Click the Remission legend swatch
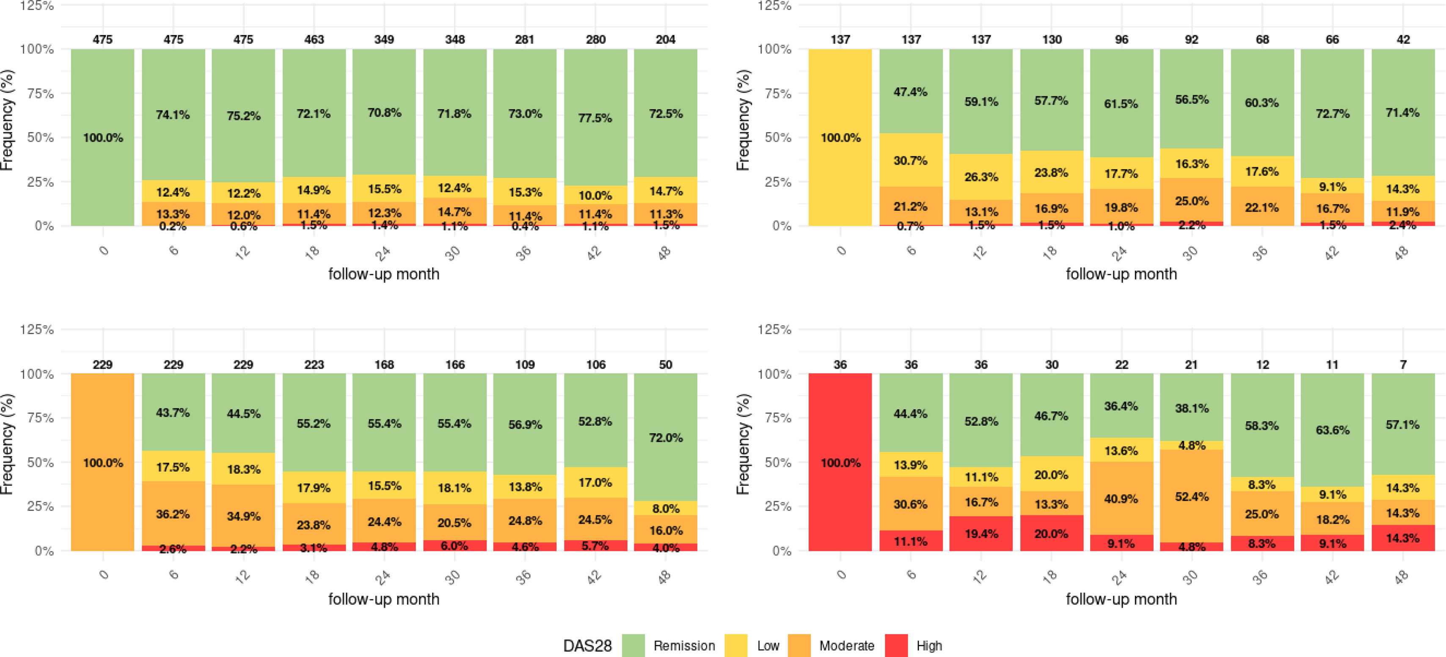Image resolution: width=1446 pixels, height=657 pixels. tap(633, 646)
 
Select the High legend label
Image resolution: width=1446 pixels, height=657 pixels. tap(929, 646)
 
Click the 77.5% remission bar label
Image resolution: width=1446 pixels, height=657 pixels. tap(595, 118)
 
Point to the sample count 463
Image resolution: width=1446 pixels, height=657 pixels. tap(314, 39)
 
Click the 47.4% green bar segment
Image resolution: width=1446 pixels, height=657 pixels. tap(911, 91)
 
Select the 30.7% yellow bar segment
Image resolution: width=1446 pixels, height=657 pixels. tap(911, 160)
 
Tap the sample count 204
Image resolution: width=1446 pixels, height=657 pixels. tap(665, 39)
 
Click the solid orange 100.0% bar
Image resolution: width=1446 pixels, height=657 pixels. tap(103, 462)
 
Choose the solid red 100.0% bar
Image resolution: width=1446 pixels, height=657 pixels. tap(840, 462)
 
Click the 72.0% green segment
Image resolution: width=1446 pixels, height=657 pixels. tap(666, 437)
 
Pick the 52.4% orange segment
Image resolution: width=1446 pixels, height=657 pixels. tap(1192, 497)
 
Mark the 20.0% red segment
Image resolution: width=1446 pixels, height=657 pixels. tap(1051, 533)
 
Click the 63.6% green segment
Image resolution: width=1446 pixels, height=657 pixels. tap(1333, 430)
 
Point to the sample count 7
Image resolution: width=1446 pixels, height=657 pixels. tap(1403, 364)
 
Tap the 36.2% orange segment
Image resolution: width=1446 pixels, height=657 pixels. tap(173, 514)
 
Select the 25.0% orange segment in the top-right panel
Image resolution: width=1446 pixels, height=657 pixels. tap(1192, 201)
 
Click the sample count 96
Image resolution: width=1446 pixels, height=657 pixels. tap(1121, 39)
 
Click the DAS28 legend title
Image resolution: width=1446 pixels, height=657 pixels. tap(587, 646)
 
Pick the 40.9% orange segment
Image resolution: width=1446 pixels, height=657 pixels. tap(1121, 499)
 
